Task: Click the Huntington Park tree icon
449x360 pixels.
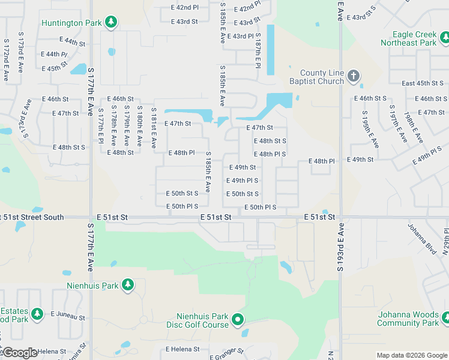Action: pyautogui.click(x=110, y=23)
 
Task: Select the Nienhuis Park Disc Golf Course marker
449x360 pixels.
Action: pyautogui.click(x=238, y=320)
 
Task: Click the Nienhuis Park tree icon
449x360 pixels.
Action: pyautogui.click(x=127, y=285)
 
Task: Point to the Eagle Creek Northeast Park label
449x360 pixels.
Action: pyautogui.click(x=408, y=39)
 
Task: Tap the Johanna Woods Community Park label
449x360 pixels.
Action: pyautogui.click(x=408, y=319)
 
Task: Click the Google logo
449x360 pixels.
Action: pyautogui.click(x=20, y=352)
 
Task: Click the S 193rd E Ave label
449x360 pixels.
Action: pyautogui.click(x=340, y=247)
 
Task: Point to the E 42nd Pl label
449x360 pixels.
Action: pyautogui.click(x=184, y=8)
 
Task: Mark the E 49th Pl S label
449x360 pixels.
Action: pyautogui.click(x=242, y=181)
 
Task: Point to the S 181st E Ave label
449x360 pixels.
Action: pyautogui.click(x=154, y=128)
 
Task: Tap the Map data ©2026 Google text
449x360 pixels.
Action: pyautogui.click(x=411, y=355)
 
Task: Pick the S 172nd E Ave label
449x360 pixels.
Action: pyautogui.click(x=5, y=61)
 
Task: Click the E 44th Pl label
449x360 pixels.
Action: pyautogui.click(x=55, y=55)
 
